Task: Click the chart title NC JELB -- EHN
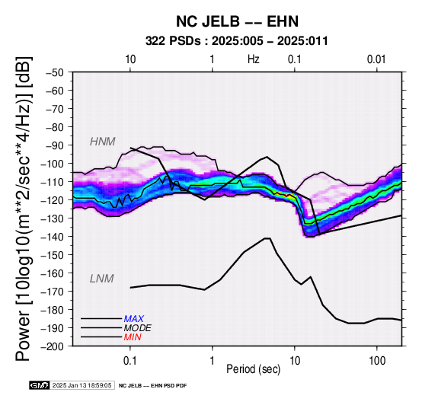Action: [x=237, y=21]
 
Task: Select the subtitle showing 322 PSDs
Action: [x=237, y=41]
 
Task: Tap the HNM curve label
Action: [x=103, y=142]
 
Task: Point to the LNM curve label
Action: [x=102, y=279]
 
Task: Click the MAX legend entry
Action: [x=133, y=319]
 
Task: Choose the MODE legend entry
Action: [x=137, y=328]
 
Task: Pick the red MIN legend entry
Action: [x=133, y=337]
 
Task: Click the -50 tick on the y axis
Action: [x=55, y=72]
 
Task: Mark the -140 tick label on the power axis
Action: [x=53, y=237]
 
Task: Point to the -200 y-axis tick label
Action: [x=53, y=346]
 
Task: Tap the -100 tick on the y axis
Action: [x=53, y=164]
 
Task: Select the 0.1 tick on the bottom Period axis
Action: [x=130, y=360]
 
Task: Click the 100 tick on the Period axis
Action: [x=377, y=360]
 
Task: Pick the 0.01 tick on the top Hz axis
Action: [x=376, y=59]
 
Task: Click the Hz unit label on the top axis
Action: [x=254, y=59]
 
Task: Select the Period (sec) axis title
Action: [x=253, y=369]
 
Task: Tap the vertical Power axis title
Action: [x=24, y=209]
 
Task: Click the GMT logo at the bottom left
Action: [x=40, y=385]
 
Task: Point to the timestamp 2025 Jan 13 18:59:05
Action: [x=82, y=385]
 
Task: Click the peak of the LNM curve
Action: [x=267, y=238]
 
